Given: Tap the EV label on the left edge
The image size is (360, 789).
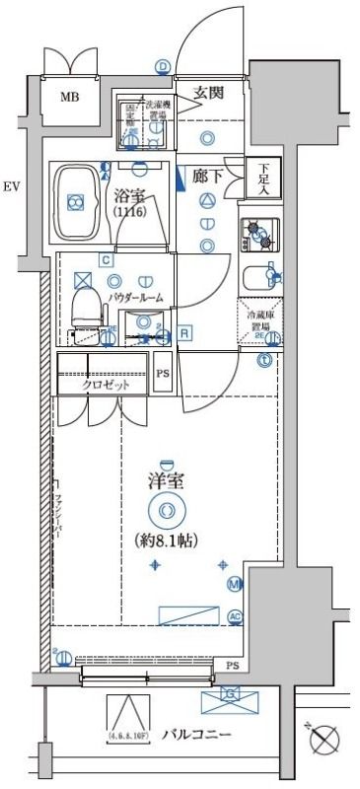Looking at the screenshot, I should (x=11, y=185).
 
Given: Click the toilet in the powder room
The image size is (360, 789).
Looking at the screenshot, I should (x=88, y=306).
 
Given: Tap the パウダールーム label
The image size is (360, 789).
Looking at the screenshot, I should (x=135, y=297).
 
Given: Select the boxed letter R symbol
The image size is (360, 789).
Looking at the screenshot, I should (x=184, y=333).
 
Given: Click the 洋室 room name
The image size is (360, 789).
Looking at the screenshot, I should (x=166, y=481).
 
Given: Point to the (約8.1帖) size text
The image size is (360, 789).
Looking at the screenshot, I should (x=166, y=539).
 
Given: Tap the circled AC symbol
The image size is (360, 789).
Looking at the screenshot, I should (x=235, y=617).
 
